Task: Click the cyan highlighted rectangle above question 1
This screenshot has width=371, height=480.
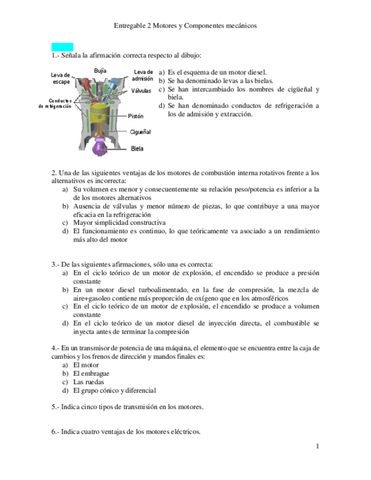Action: click(x=62, y=46)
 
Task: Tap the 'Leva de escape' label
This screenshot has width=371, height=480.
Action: click(x=61, y=78)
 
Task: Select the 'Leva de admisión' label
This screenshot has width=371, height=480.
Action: click(x=143, y=75)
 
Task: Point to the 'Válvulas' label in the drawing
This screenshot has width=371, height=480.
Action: click(x=141, y=90)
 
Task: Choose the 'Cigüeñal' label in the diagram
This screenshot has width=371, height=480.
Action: click(x=140, y=131)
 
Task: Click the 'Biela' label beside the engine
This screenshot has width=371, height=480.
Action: click(x=137, y=148)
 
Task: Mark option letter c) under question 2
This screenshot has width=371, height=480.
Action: click(x=66, y=222)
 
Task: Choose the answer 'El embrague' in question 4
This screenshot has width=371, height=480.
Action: click(x=91, y=373)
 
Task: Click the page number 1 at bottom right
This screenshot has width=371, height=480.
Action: click(x=318, y=447)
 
